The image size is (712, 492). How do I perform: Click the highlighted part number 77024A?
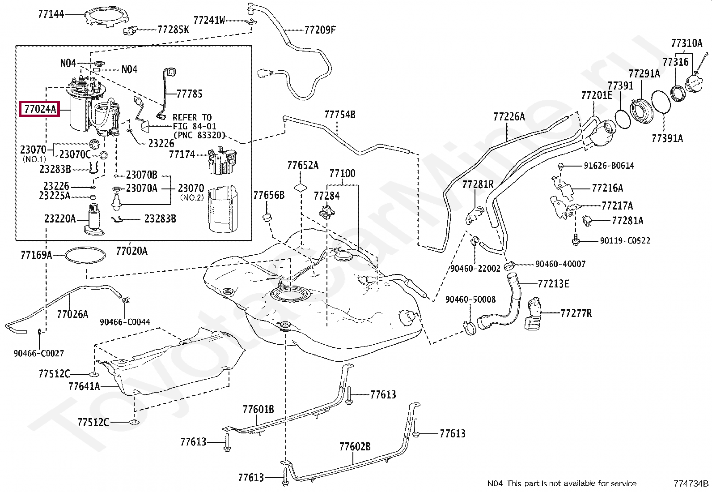point(39,108)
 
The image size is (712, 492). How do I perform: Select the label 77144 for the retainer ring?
point(51,14)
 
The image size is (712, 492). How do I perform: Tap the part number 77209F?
point(320,30)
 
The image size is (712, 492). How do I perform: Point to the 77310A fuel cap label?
point(687,43)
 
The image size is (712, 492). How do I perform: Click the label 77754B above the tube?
point(339,115)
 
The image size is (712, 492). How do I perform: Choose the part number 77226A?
point(509,117)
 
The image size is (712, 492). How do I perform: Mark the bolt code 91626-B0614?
point(609,166)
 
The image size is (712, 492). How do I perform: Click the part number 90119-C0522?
point(625,241)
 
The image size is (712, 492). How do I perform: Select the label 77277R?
point(576,313)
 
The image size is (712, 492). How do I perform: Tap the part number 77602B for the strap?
point(355,447)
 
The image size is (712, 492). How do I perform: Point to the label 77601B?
point(258,409)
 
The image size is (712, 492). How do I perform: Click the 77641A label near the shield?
point(84,386)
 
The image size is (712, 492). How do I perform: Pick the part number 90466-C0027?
point(38,353)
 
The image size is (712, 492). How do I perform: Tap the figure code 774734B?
point(691,483)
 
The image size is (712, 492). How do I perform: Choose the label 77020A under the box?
point(131,251)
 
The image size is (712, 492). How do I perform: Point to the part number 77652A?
point(303,166)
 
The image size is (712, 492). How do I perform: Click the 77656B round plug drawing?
point(267,218)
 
